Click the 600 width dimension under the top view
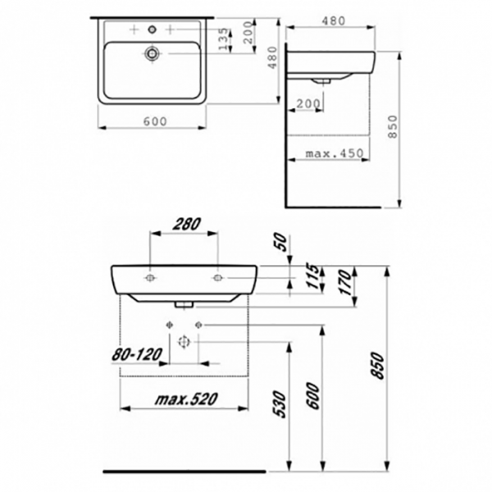tap(155, 121)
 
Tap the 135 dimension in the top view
tap(223, 39)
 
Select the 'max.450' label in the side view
tap(335, 153)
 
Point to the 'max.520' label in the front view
tap(186, 399)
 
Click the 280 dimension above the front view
tap(186, 224)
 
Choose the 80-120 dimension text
tap(137, 354)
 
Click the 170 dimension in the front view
tap(345, 282)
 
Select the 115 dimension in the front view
tap(312, 276)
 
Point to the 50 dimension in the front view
tap(281, 242)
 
